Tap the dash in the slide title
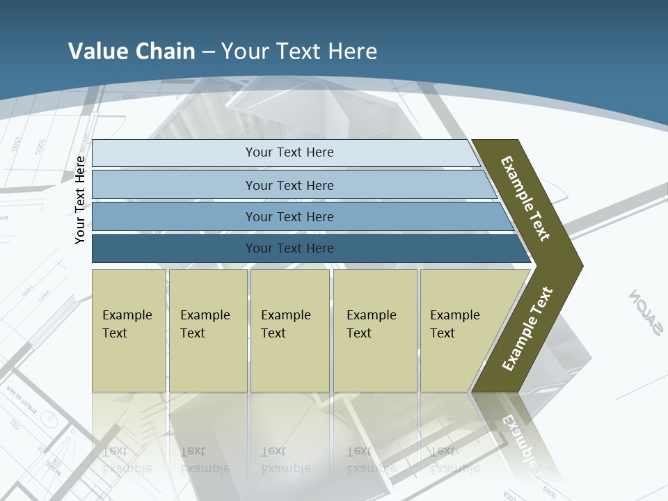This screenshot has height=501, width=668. click(208, 51)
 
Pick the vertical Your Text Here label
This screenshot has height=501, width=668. click(80, 200)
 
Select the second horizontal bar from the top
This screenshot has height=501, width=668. click(289, 185)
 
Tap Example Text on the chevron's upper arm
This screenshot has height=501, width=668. click(525, 198)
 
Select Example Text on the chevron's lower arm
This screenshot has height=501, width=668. click(527, 329)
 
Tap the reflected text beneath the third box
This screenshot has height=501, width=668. click(285, 460)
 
